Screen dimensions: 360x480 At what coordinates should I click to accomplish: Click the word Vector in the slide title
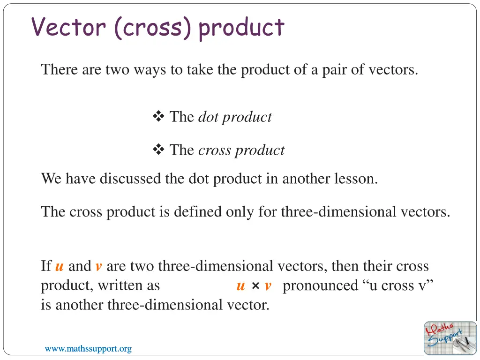pyautogui.click(x=68, y=27)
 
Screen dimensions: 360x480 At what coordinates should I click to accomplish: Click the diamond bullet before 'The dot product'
pyautogui.click(x=158, y=117)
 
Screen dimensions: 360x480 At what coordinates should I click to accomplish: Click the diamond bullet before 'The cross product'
pyautogui.click(x=158, y=150)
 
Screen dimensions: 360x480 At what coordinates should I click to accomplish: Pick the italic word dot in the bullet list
pyautogui.click(x=208, y=117)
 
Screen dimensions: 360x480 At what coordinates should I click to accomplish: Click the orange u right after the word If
pyautogui.click(x=60, y=267)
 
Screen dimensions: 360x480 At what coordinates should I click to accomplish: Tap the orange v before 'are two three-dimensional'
pyautogui.click(x=98, y=267)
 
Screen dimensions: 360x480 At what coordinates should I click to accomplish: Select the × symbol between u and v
pyautogui.click(x=255, y=286)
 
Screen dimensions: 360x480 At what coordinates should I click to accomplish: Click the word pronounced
pyautogui.click(x=320, y=286)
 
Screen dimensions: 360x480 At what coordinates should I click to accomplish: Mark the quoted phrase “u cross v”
pyautogui.click(x=398, y=286)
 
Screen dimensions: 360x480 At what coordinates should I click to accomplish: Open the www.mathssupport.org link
pyautogui.click(x=88, y=349)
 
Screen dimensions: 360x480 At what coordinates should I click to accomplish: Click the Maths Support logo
pyautogui.click(x=450, y=337)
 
